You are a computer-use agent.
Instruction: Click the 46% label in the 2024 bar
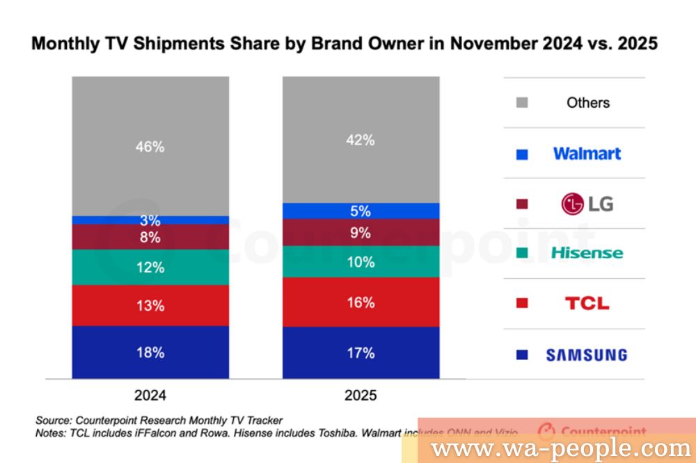click(150, 147)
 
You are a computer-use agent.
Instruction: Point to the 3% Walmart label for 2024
click(150, 221)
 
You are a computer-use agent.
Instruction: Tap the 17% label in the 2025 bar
click(361, 352)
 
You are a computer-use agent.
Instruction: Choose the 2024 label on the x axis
click(150, 396)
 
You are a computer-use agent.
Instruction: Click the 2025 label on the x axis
click(361, 396)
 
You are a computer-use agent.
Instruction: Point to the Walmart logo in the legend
click(587, 154)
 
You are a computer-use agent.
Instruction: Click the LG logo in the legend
click(587, 204)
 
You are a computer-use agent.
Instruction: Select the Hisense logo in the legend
click(587, 253)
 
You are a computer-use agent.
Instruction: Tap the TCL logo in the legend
click(587, 303)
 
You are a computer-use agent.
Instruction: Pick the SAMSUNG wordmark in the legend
click(587, 355)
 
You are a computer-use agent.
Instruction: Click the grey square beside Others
click(523, 103)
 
